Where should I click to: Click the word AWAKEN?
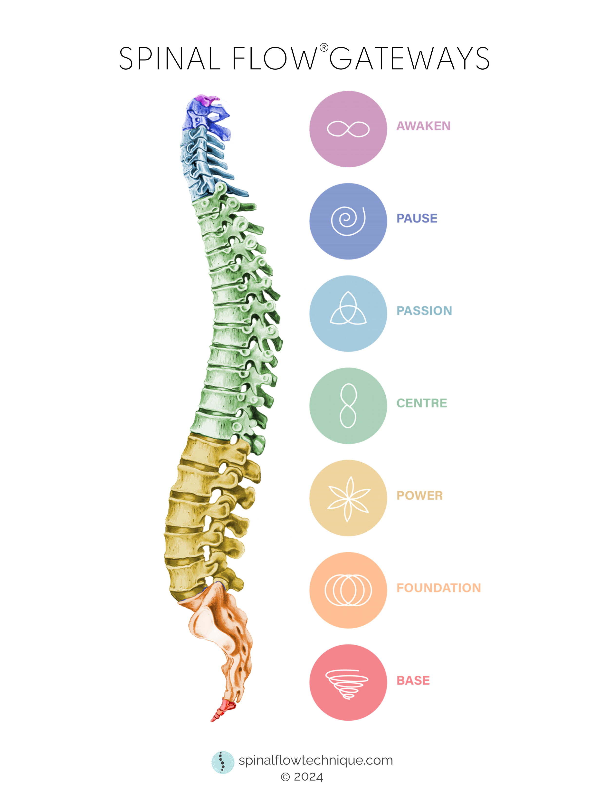coord(423,126)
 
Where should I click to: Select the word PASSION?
coord(424,311)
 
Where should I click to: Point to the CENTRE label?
coord(421,403)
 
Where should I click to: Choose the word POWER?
coord(419,496)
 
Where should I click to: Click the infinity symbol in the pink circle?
coord(348,129)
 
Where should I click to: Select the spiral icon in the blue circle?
coord(348,221)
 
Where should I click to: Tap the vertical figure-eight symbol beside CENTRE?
coord(348,406)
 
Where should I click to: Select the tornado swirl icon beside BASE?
coord(347,684)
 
